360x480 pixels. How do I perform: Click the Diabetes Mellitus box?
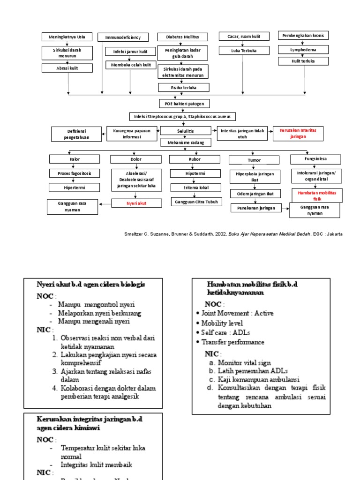(182, 37)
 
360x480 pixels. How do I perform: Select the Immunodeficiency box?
(123, 37)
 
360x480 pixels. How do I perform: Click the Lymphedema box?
(303, 49)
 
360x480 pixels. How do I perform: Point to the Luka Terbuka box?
(244, 50)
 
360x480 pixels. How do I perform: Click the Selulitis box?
(185, 131)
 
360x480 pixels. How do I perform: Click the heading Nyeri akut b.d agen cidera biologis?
(91, 284)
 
